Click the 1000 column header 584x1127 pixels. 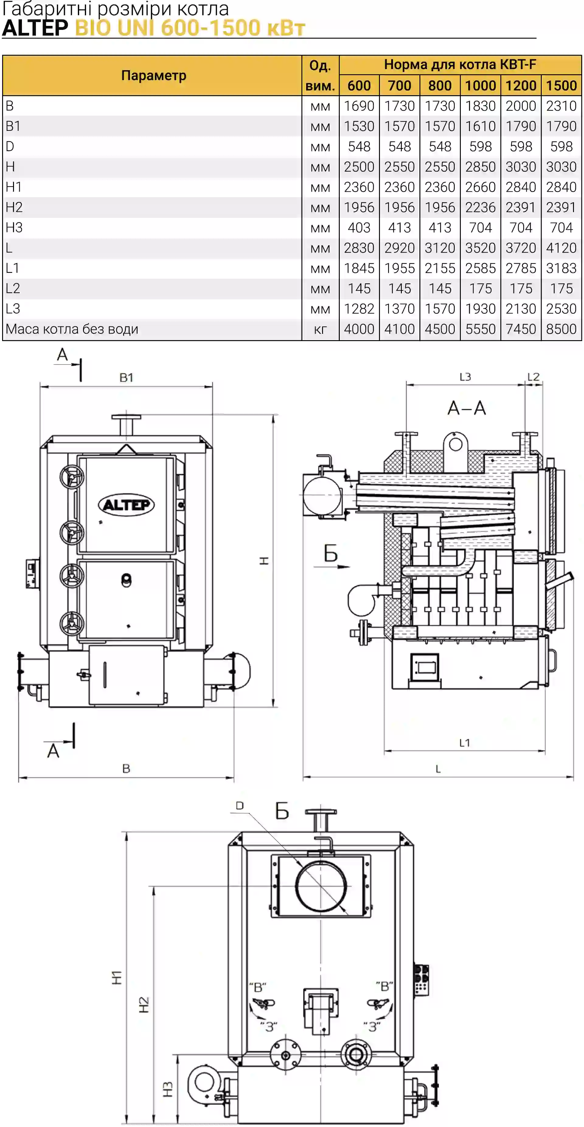pyautogui.click(x=480, y=85)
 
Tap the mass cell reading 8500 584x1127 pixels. pyautogui.click(x=561, y=329)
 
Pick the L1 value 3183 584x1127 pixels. pyautogui.click(x=561, y=268)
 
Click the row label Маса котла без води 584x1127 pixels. pyautogui.click(x=72, y=329)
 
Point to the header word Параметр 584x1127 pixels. pyautogui.click(x=154, y=75)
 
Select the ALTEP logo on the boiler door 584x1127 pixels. pyautogui.click(x=126, y=505)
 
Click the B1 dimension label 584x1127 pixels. pyautogui.click(x=127, y=378)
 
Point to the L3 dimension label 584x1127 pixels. pyautogui.click(x=465, y=377)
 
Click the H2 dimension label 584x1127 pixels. pyautogui.click(x=144, y=1005)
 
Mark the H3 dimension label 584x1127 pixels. pyautogui.click(x=168, y=1089)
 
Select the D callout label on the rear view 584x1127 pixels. pyautogui.click(x=240, y=805)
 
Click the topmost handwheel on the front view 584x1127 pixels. pyautogui.click(x=72, y=476)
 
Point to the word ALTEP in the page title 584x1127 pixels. pyautogui.click(x=35, y=28)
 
